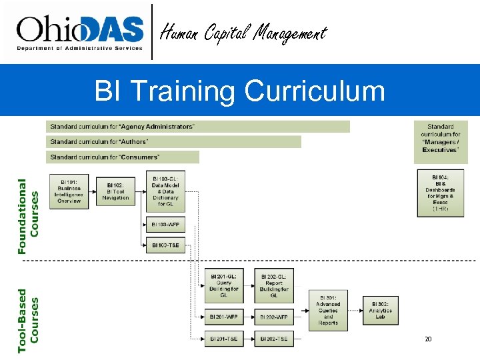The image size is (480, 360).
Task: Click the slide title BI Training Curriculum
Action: [x=240, y=91]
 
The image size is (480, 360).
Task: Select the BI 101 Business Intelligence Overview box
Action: [x=69, y=191]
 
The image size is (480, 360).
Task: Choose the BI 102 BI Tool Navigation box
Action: [x=115, y=191]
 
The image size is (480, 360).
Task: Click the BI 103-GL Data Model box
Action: [x=165, y=191]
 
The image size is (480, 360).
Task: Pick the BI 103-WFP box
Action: [x=165, y=225]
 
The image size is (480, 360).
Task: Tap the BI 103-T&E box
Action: [x=165, y=245]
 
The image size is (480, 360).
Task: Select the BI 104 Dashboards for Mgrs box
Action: [x=441, y=192]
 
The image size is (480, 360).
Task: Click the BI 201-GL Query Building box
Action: [x=223, y=285]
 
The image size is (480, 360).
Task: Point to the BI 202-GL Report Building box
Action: [x=273, y=285]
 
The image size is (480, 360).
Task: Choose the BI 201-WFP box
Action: [x=223, y=317]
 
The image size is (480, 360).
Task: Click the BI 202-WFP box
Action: [x=273, y=317]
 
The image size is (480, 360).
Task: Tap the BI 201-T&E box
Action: [x=223, y=339]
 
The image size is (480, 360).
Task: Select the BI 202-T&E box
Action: [x=273, y=339]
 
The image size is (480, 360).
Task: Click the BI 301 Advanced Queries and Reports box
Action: [x=328, y=310]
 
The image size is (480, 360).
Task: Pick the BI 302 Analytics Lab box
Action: [x=380, y=310]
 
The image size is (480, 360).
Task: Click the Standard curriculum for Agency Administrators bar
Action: [x=199, y=127]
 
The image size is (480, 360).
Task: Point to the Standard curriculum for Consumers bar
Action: [x=123, y=157]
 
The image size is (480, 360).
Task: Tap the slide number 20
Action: [x=428, y=339]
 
